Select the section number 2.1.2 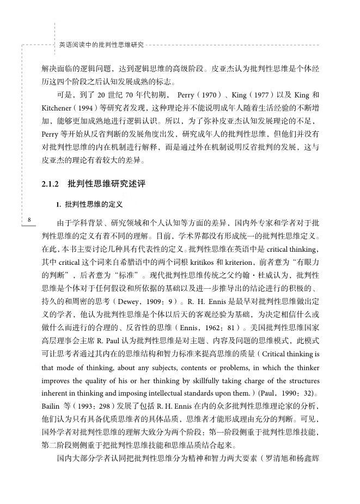click(x=50, y=184)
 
